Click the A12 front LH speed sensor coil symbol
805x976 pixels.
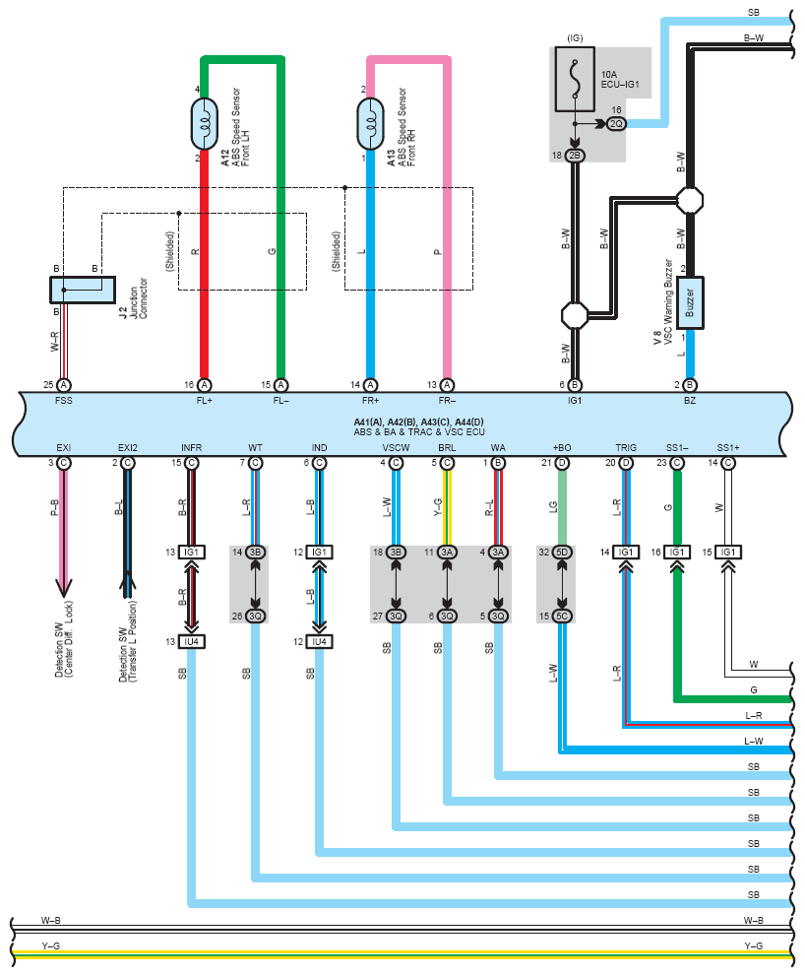click(x=204, y=124)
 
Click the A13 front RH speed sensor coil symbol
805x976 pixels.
click(x=370, y=124)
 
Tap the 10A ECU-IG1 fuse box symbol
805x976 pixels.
click(x=574, y=79)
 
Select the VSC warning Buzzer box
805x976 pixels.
click(x=690, y=302)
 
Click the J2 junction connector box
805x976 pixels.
click(x=83, y=290)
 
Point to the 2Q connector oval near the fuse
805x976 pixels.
click(x=616, y=124)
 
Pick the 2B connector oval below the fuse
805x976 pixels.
click(x=575, y=156)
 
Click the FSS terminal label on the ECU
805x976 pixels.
click(x=63, y=401)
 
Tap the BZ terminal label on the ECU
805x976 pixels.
click(x=690, y=401)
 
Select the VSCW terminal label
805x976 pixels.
click(x=396, y=447)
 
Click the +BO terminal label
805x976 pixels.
click(x=562, y=447)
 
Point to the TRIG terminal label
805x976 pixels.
click(x=626, y=447)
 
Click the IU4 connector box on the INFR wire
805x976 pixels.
click(x=192, y=642)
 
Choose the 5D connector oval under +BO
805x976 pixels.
click(x=562, y=553)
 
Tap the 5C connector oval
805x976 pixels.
click(x=562, y=617)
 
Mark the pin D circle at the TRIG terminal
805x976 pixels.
click(x=626, y=463)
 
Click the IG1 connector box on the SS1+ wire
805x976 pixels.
click(x=728, y=553)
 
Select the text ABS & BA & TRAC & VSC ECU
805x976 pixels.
click(x=418, y=432)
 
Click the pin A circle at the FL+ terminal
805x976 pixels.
click(x=204, y=385)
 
